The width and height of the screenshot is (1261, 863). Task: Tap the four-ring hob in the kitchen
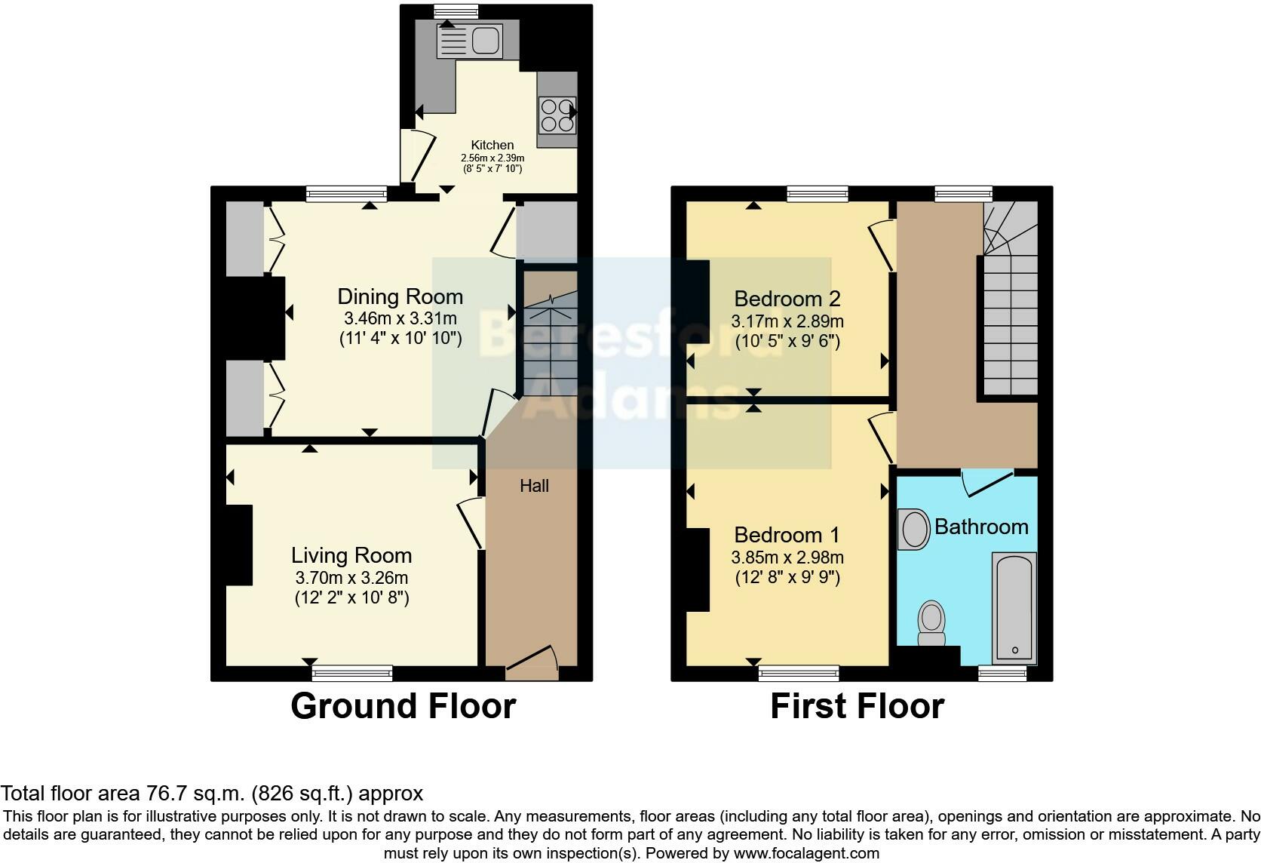pyautogui.click(x=557, y=115)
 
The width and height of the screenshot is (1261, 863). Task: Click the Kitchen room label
pyautogui.click(x=492, y=145)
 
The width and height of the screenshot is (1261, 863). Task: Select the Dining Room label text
pyautogui.click(x=400, y=296)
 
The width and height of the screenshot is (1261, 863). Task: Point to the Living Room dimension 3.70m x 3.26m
pyautogui.click(x=351, y=578)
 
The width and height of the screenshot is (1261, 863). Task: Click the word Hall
pyautogui.click(x=534, y=486)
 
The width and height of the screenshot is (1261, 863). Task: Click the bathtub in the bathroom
pyautogui.click(x=1014, y=608)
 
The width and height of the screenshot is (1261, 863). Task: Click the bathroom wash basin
pyautogui.click(x=915, y=528)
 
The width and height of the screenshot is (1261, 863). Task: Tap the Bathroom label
pyautogui.click(x=981, y=527)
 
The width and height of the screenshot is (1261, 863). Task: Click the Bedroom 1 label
pyautogui.click(x=787, y=535)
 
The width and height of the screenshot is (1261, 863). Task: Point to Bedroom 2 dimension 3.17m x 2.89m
pyautogui.click(x=787, y=321)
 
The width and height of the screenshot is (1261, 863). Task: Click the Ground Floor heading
pyautogui.click(x=403, y=706)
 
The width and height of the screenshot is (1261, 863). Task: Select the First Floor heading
pyautogui.click(x=857, y=706)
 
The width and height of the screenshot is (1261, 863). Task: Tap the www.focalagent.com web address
pyautogui.click(x=806, y=853)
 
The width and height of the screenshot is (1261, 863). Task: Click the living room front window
pyautogui.click(x=352, y=672)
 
